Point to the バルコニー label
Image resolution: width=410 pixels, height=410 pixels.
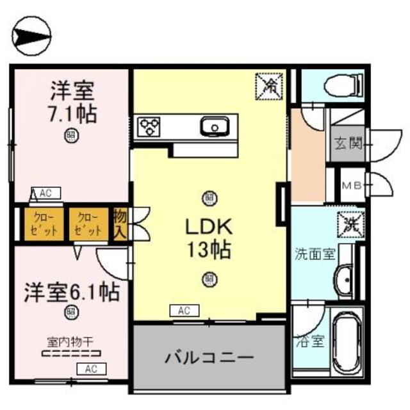click(x=208, y=357)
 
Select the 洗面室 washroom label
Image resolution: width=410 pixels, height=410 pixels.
click(x=314, y=252)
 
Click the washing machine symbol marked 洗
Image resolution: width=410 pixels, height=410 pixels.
click(x=350, y=222)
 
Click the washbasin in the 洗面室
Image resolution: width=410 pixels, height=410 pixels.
click(x=343, y=279)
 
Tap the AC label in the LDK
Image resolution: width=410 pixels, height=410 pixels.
click(x=184, y=311)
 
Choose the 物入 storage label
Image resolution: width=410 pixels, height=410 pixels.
click(x=120, y=224)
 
